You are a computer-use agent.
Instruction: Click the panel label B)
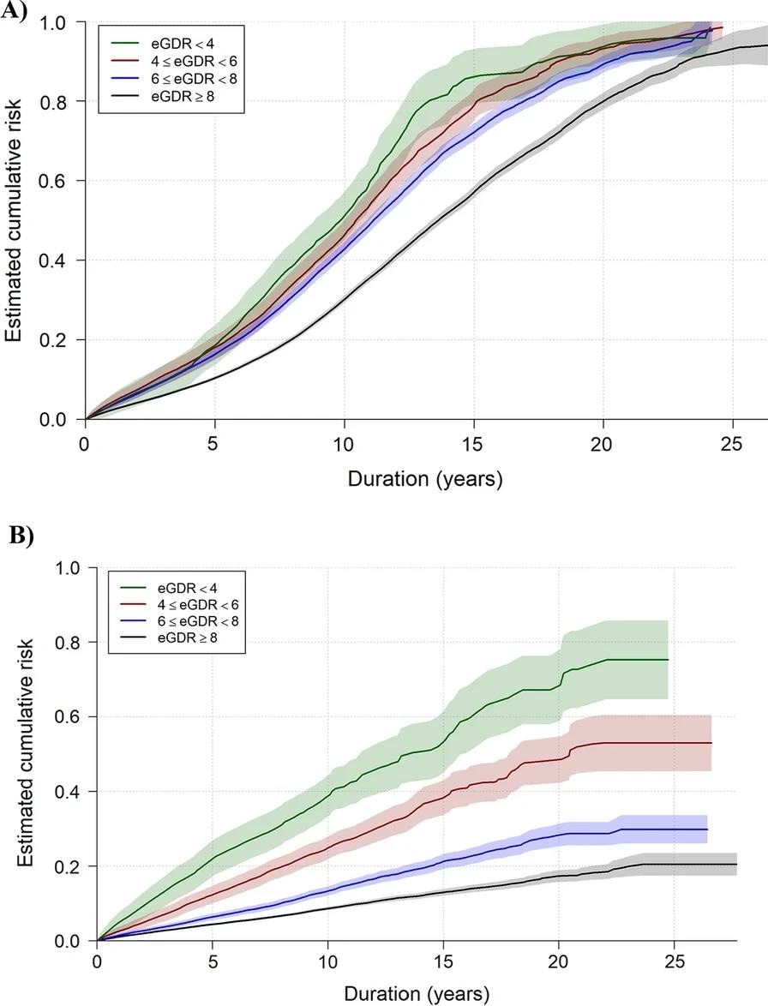20,536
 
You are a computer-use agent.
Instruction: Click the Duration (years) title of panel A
424,478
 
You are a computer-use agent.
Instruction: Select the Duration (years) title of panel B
417,994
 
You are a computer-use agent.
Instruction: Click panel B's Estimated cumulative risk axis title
25,754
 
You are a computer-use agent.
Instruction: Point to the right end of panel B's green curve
667,660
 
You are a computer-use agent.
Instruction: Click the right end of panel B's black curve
736,865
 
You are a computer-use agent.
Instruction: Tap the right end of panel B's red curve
711,743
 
